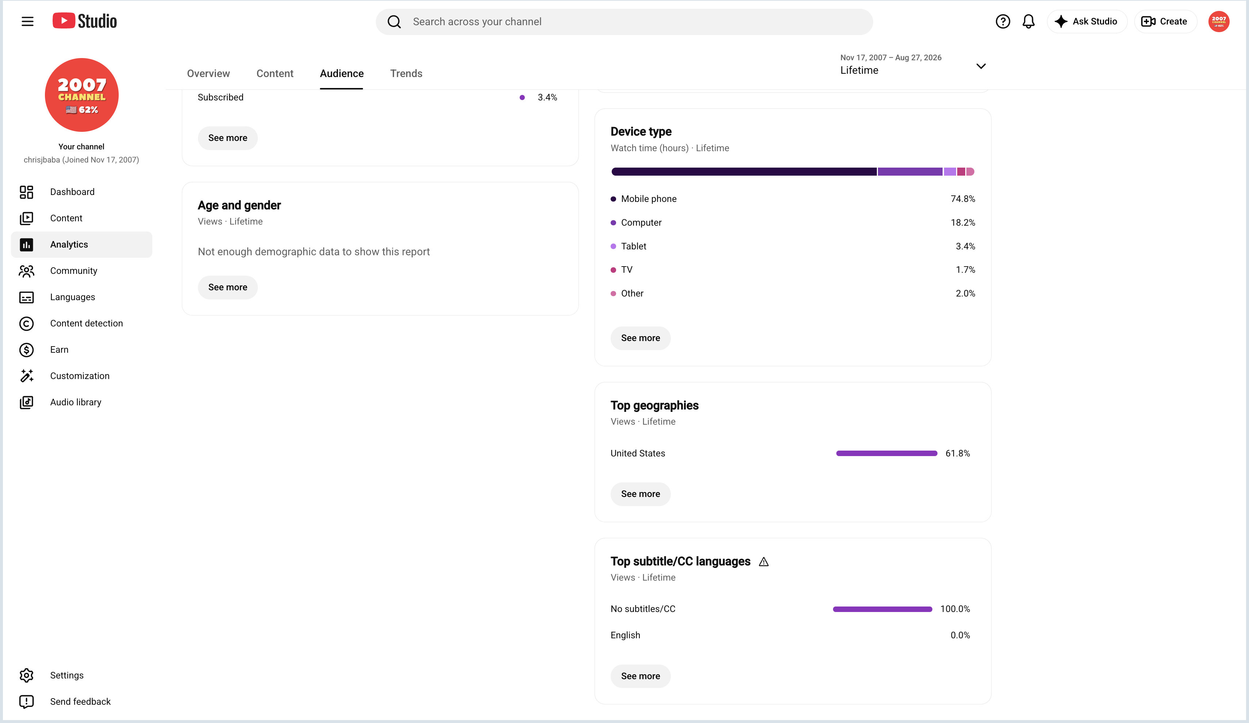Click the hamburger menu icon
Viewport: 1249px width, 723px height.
click(x=27, y=21)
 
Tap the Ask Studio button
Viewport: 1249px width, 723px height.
click(x=1086, y=21)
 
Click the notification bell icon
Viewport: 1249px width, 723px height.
click(x=1028, y=21)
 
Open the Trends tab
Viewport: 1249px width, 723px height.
click(x=406, y=73)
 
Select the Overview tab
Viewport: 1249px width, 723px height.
click(x=208, y=73)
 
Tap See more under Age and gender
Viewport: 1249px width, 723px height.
click(x=228, y=287)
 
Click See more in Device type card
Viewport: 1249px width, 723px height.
click(x=640, y=338)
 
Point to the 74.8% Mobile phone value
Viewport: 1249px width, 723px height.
click(x=963, y=199)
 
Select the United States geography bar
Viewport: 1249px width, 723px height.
click(x=886, y=453)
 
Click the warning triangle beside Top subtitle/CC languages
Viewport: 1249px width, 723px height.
click(x=763, y=562)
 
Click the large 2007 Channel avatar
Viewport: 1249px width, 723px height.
click(x=82, y=95)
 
